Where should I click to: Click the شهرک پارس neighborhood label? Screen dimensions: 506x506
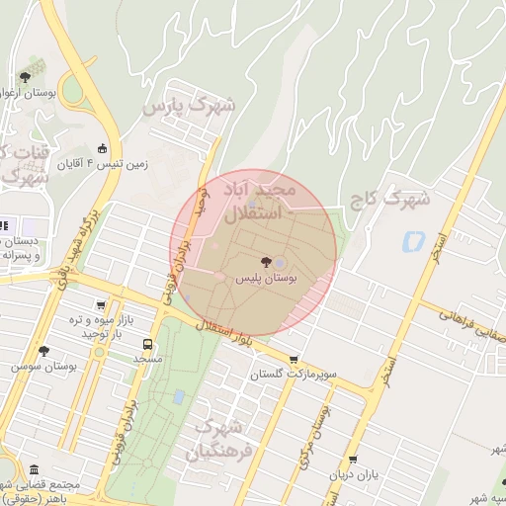click(190, 105)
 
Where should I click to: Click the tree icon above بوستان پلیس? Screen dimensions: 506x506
click(264, 261)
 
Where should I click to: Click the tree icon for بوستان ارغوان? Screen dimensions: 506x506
click(25, 77)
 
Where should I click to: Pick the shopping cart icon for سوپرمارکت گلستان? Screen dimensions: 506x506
click(293, 360)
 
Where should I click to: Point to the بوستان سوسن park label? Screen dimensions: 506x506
click(43, 367)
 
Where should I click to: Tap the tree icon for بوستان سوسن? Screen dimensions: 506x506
click(42, 350)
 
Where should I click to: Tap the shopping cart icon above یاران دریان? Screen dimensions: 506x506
click(353, 460)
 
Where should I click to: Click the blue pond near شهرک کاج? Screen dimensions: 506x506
click(412, 240)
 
